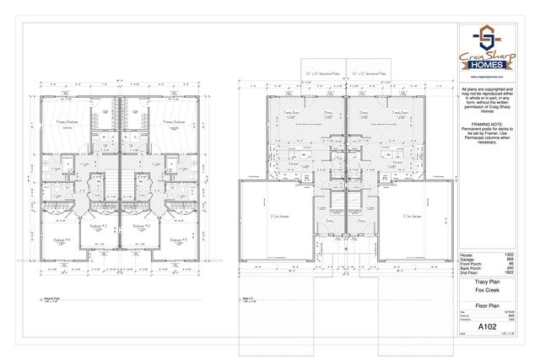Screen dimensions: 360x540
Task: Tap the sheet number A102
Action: (x=486, y=325)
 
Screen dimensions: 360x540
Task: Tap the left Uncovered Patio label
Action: (x=321, y=73)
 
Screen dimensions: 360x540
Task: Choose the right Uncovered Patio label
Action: (x=370, y=73)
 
